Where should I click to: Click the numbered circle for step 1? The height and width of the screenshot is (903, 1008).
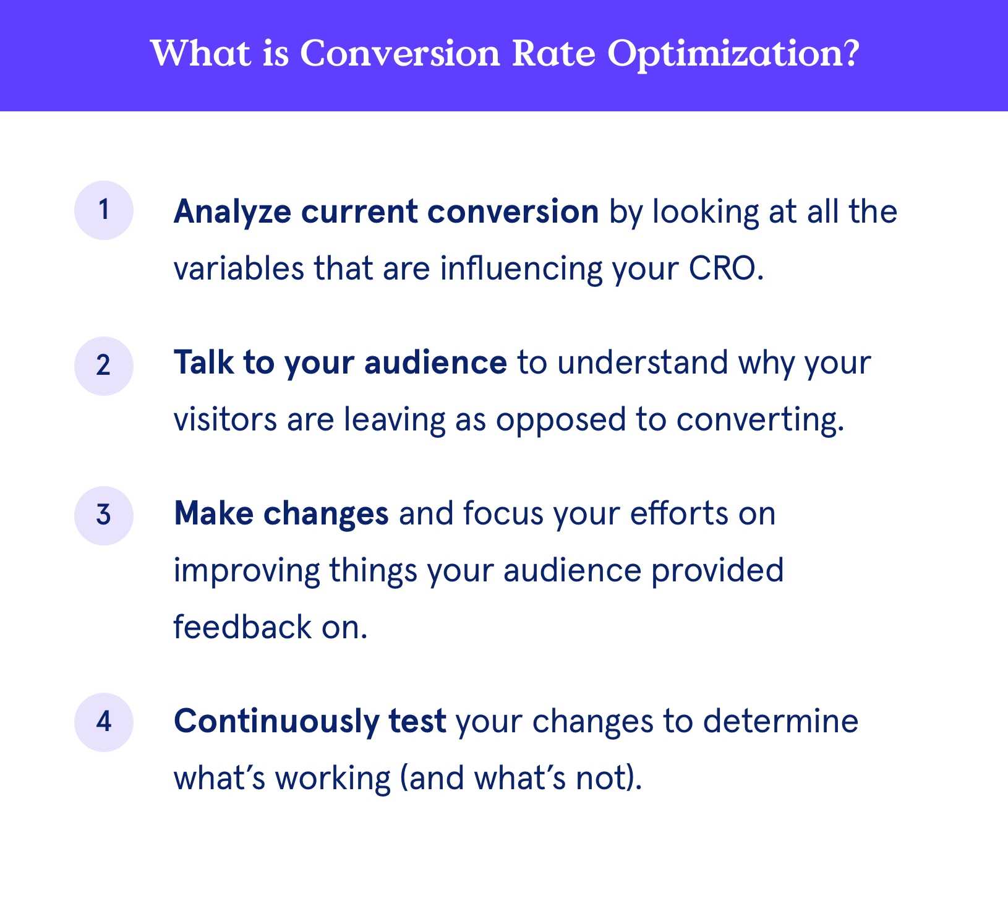pos(104,210)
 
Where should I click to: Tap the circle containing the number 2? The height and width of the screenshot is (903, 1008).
pos(104,366)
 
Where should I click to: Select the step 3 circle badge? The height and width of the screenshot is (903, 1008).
pos(104,515)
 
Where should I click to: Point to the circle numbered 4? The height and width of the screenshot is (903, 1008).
pos(104,722)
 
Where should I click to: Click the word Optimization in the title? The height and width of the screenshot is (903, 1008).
pos(733,54)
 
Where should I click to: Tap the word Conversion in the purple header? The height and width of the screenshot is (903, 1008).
pos(399,53)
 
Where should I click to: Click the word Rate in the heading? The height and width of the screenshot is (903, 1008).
pos(553,53)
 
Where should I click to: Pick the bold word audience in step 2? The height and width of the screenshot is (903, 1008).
pos(435,362)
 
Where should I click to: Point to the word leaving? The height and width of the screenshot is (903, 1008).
pos(395,421)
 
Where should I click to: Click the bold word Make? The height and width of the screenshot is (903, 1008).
pos(213,513)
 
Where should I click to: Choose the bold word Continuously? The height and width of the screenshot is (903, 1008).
pos(276,722)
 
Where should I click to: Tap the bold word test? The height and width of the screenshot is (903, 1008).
pos(417,722)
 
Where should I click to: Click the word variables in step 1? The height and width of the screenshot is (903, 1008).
pos(239,269)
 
